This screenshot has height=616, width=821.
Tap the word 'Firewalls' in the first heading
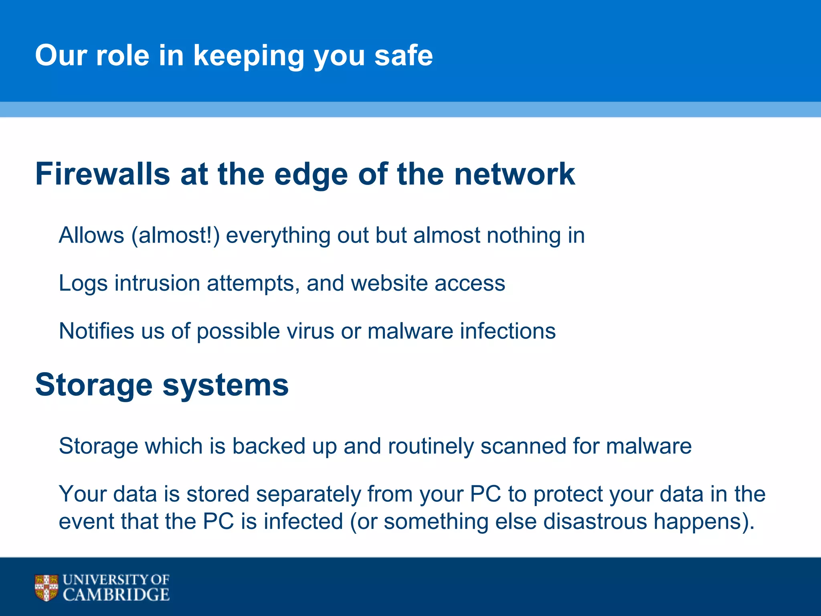point(103,174)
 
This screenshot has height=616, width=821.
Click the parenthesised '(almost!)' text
point(176,235)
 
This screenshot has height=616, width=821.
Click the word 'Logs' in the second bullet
point(83,284)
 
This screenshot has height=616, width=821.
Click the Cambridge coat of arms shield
point(46,588)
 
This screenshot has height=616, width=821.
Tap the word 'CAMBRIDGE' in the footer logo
point(116,595)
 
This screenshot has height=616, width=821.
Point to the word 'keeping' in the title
point(249,56)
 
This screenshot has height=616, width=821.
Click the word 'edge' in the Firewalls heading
point(311,175)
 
